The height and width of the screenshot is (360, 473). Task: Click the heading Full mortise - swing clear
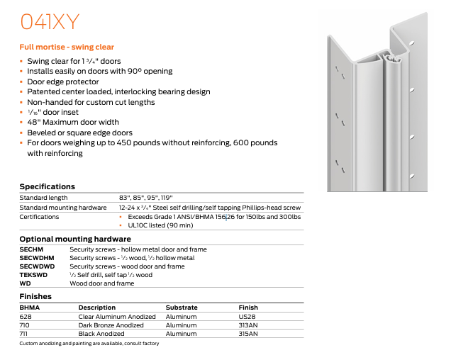[67, 47]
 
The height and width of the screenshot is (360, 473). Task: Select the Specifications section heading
[47, 186]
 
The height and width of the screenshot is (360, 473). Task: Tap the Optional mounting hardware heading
[75, 239]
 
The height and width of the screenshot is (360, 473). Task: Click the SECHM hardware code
[32, 249]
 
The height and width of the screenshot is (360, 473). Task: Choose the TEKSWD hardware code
[34, 274]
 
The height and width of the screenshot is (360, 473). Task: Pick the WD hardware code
[25, 283]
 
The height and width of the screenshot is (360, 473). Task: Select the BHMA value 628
[26, 317]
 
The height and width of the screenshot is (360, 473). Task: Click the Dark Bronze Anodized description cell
[111, 325]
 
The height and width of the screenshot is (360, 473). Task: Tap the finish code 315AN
[248, 334]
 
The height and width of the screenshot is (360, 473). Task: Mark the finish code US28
[247, 317]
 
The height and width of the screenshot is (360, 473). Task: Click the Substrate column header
[182, 308]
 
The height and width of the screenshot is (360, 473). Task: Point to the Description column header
[97, 308]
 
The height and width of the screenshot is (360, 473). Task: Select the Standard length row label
[43, 197]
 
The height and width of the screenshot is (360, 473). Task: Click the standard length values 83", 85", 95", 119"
[146, 197]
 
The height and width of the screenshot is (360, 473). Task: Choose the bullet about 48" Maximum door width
[74, 123]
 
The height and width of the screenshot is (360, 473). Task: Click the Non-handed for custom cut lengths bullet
[91, 102]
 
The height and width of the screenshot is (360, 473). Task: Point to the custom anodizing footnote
[89, 343]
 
